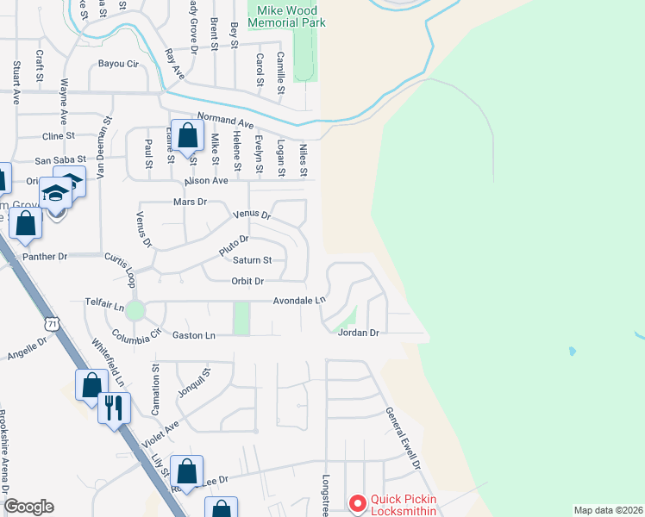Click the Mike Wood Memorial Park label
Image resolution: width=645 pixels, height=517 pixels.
pyautogui.click(x=287, y=16)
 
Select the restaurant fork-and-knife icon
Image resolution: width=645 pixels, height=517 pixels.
pyautogui.click(x=114, y=407)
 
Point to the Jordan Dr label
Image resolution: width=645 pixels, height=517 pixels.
pyautogui.click(x=359, y=333)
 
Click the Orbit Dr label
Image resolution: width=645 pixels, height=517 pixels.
pyautogui.click(x=247, y=281)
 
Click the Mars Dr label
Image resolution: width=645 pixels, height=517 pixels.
pyautogui.click(x=191, y=202)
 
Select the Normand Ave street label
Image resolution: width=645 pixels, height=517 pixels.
pyautogui.click(x=225, y=117)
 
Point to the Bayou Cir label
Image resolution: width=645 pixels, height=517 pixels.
pyautogui.click(x=118, y=64)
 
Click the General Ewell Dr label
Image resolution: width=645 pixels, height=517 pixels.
pyautogui.click(x=403, y=438)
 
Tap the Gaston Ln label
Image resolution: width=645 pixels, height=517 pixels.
pyautogui.click(x=193, y=335)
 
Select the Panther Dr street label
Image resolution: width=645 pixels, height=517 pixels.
pyautogui.click(x=45, y=257)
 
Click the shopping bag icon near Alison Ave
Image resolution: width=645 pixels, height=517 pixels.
pyautogui.click(x=187, y=135)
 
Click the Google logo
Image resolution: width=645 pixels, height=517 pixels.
pyautogui.click(x=28, y=507)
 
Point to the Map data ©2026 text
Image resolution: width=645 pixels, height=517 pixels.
pyautogui.click(x=608, y=510)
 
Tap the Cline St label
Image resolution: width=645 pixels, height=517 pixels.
pyautogui.click(x=59, y=136)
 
